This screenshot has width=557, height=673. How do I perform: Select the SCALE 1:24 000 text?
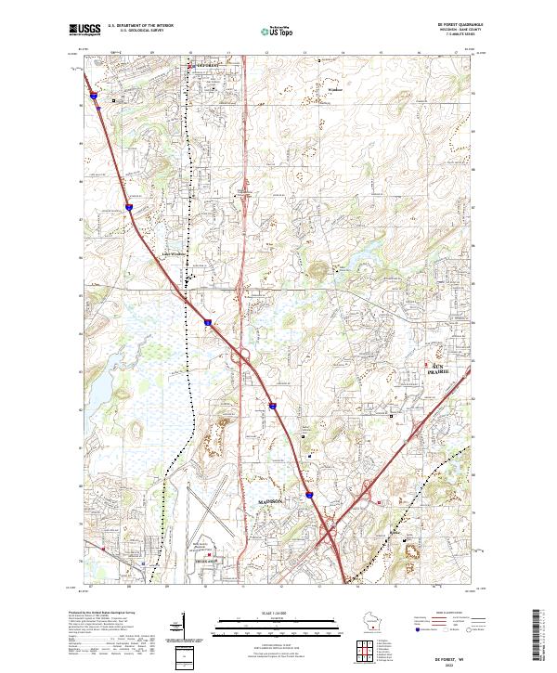pyautogui.click(x=278, y=613)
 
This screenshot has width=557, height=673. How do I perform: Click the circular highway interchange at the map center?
pyautogui.click(x=244, y=354)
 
